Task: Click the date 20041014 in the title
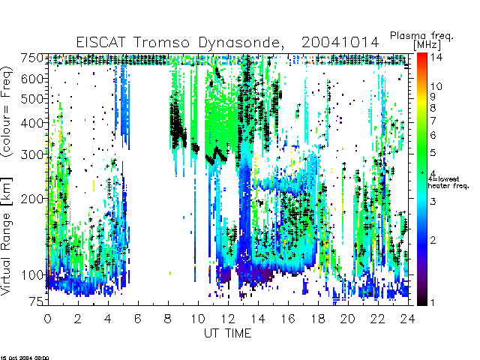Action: tap(340, 42)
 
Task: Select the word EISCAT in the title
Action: tap(100, 42)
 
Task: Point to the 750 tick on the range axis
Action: tap(32, 58)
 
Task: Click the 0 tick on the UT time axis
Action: tap(48, 319)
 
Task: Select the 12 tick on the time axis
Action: tap(228, 319)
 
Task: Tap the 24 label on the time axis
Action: tap(408, 319)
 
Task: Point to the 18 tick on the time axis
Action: tap(318, 319)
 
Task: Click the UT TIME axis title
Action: tap(228, 333)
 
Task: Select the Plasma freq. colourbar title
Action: tap(421, 36)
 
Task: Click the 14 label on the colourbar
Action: tap(436, 57)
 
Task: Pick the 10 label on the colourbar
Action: tap(436, 86)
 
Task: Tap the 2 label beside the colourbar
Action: tap(433, 240)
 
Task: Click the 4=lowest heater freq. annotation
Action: tap(448, 182)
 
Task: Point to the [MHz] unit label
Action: tap(427, 45)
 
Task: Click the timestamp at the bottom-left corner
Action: tap(25, 358)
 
